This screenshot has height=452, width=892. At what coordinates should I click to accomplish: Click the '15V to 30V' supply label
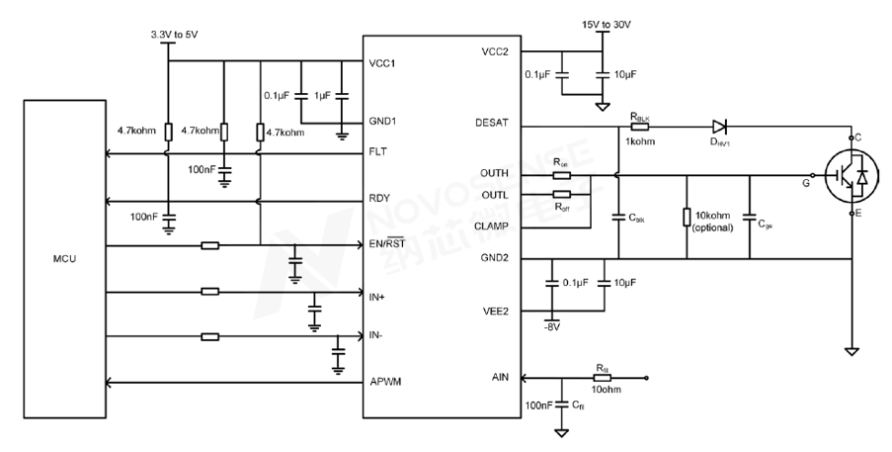coord(601,24)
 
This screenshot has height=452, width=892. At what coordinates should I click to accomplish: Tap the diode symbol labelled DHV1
coord(719,127)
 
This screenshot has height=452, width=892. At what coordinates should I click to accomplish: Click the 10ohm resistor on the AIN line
coord(603,378)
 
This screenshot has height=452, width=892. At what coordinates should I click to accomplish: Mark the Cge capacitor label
coord(765,225)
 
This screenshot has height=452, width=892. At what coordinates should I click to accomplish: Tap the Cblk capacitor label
coord(636,217)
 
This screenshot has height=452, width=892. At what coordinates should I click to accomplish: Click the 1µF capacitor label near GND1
coord(322,96)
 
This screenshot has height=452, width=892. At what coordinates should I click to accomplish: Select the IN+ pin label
coord(377,296)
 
